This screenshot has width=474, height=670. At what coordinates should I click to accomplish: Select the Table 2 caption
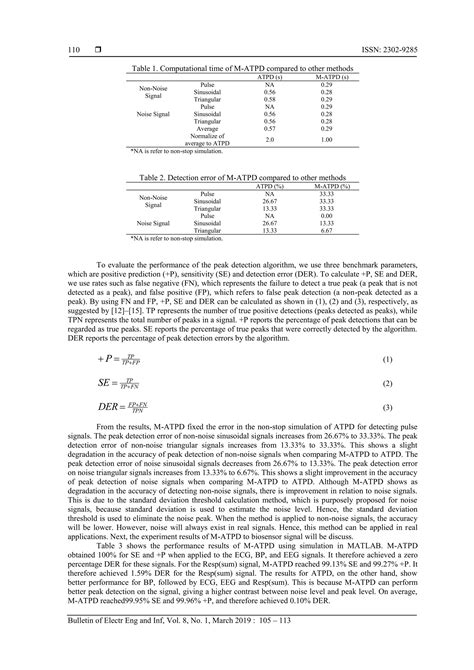236,177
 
